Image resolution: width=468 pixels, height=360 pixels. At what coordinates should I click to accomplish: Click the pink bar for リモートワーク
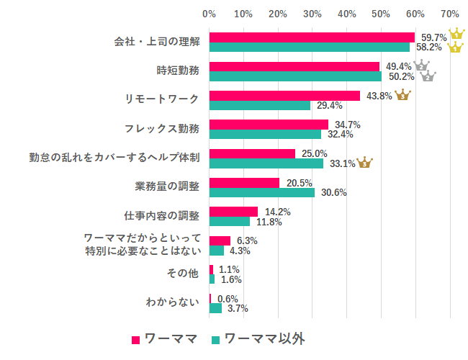click(x=284, y=96)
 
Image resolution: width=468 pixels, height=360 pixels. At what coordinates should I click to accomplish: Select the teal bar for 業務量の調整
click(x=262, y=192)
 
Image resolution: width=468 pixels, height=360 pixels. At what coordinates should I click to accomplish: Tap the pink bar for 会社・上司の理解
click(x=312, y=37)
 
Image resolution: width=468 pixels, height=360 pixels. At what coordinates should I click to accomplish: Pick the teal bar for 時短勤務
click(x=295, y=76)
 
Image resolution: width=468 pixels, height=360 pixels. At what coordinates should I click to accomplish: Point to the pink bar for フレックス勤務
click(x=269, y=125)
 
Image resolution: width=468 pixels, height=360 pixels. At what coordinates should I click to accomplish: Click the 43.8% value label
click(x=379, y=96)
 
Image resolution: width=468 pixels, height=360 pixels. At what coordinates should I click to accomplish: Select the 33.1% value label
click(x=342, y=163)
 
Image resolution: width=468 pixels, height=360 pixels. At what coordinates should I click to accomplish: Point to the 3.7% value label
click(x=237, y=308)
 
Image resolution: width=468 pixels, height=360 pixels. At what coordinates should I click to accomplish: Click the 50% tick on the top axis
click(x=381, y=14)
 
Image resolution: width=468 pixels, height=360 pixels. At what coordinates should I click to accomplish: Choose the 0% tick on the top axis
click(x=210, y=14)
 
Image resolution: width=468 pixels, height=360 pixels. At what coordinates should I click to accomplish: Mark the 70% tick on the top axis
click(x=450, y=14)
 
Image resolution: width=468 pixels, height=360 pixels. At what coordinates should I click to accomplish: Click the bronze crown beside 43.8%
click(x=402, y=95)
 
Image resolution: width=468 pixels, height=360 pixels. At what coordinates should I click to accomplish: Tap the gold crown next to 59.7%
click(x=456, y=35)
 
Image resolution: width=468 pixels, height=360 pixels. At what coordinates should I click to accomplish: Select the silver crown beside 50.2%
click(x=427, y=76)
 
